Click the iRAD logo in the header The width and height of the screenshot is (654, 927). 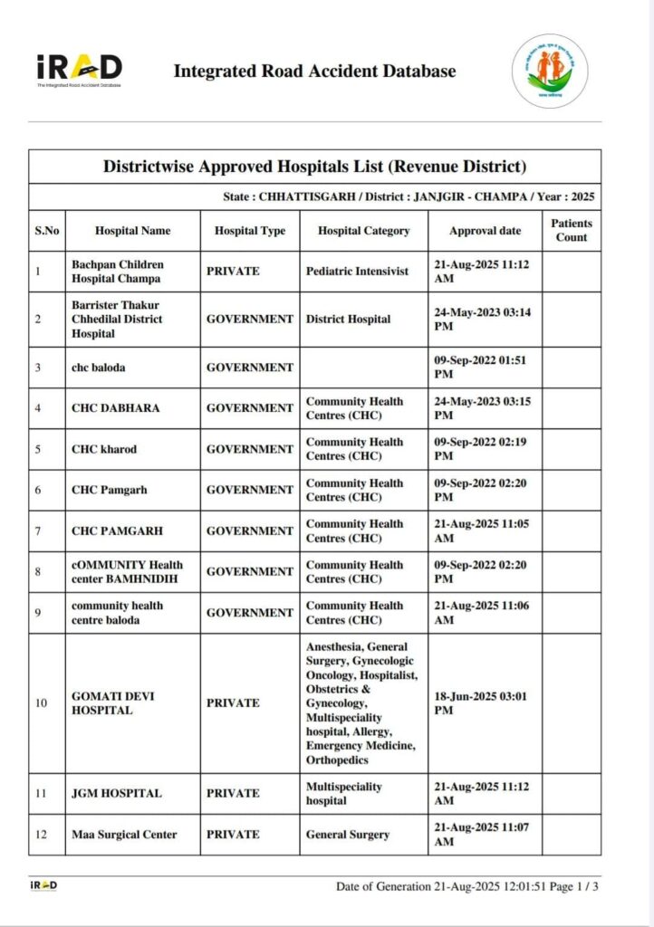[x=79, y=70]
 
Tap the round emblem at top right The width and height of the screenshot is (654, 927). [x=550, y=72]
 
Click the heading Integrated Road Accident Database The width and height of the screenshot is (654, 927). [x=314, y=71]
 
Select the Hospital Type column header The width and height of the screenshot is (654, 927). [x=250, y=231]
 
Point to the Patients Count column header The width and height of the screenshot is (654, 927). [x=572, y=230]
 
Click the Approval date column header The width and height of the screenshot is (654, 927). [x=486, y=231]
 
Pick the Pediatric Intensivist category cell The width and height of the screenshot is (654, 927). [x=357, y=271]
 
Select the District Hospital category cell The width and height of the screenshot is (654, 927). [x=348, y=319]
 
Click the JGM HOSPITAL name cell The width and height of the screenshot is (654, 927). [x=116, y=793]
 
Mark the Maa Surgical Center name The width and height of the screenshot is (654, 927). [x=124, y=834]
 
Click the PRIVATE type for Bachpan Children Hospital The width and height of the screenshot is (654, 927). [x=233, y=271]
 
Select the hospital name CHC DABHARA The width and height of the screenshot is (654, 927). [x=115, y=408]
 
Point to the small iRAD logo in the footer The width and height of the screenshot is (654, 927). [x=43, y=885]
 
